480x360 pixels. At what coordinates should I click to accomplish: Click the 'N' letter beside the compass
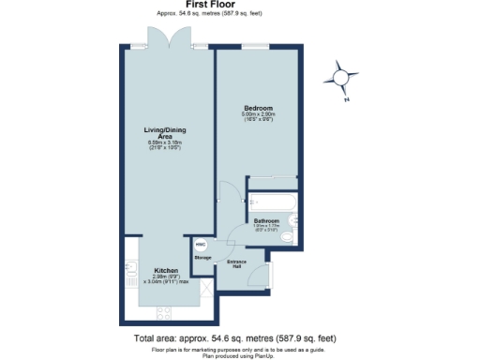click(346, 99)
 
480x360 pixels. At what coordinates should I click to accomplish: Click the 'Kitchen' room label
click(165, 270)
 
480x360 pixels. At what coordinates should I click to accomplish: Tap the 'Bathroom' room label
click(266, 221)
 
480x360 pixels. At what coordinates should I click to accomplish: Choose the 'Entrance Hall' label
click(238, 263)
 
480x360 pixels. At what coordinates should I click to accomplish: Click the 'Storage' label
click(202, 257)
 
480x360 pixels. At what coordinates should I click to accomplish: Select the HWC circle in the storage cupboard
click(201, 243)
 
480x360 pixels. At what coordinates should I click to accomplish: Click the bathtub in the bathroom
click(272, 202)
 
